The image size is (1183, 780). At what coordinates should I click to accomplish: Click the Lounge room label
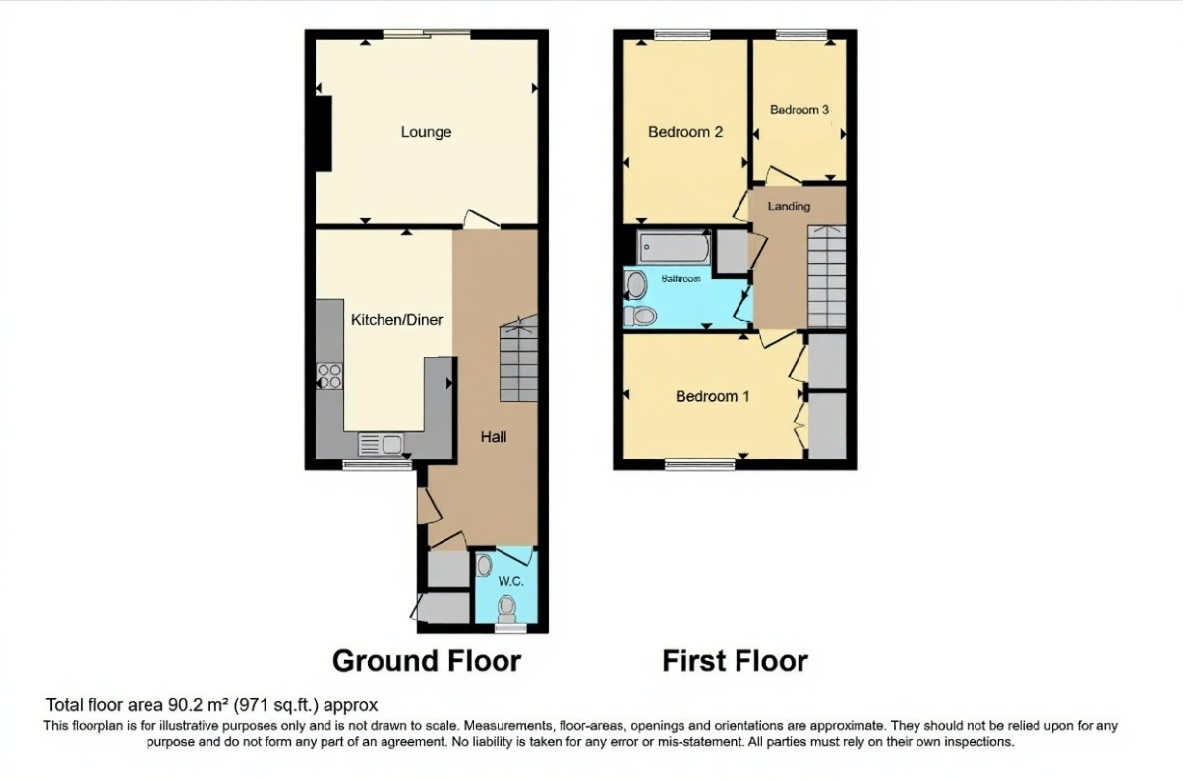(426, 132)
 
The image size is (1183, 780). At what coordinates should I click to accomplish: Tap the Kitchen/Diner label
(396, 320)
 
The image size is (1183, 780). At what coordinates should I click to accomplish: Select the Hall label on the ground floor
(494, 436)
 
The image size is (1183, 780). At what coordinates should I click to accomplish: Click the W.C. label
(509, 581)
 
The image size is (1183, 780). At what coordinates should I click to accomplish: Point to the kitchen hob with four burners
(329, 375)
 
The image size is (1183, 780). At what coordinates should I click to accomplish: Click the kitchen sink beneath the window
(381, 445)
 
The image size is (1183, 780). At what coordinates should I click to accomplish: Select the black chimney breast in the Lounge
(322, 135)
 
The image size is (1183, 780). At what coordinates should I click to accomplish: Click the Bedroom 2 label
(685, 132)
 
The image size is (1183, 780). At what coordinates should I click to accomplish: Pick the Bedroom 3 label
(799, 110)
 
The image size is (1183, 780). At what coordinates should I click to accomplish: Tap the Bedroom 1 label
(712, 397)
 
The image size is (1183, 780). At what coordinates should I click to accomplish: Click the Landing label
(789, 207)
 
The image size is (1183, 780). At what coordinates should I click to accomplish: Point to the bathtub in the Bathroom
(674, 247)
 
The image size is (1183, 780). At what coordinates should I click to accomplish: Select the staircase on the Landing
(826, 277)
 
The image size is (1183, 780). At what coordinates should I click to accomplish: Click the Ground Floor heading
(426, 660)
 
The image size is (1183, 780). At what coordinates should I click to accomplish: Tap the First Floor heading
(735, 660)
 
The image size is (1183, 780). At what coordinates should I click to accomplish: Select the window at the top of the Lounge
(426, 34)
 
